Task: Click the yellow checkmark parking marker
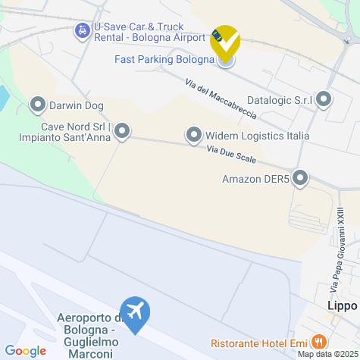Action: click(x=224, y=41)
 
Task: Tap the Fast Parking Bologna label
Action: click(x=164, y=59)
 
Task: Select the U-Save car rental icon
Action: click(x=81, y=31)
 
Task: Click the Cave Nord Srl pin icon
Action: click(x=121, y=132)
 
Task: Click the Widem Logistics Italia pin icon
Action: click(x=194, y=136)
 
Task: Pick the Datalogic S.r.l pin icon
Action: click(x=324, y=99)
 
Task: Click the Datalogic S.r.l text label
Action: click(x=280, y=99)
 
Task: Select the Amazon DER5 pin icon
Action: click(x=300, y=179)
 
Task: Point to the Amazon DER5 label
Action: click(x=255, y=180)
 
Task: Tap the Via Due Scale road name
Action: click(x=231, y=155)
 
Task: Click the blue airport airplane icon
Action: click(x=136, y=314)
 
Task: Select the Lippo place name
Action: click(x=342, y=306)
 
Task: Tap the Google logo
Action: click(x=26, y=351)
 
